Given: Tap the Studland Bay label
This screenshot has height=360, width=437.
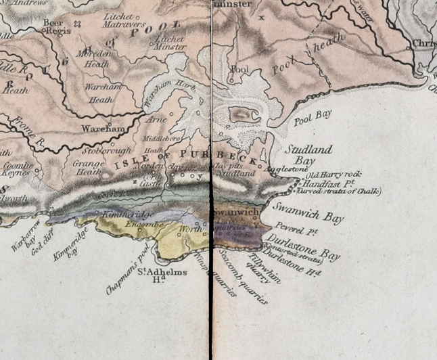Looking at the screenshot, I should [309, 154].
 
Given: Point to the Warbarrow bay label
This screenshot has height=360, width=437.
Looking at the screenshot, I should [26, 235].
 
